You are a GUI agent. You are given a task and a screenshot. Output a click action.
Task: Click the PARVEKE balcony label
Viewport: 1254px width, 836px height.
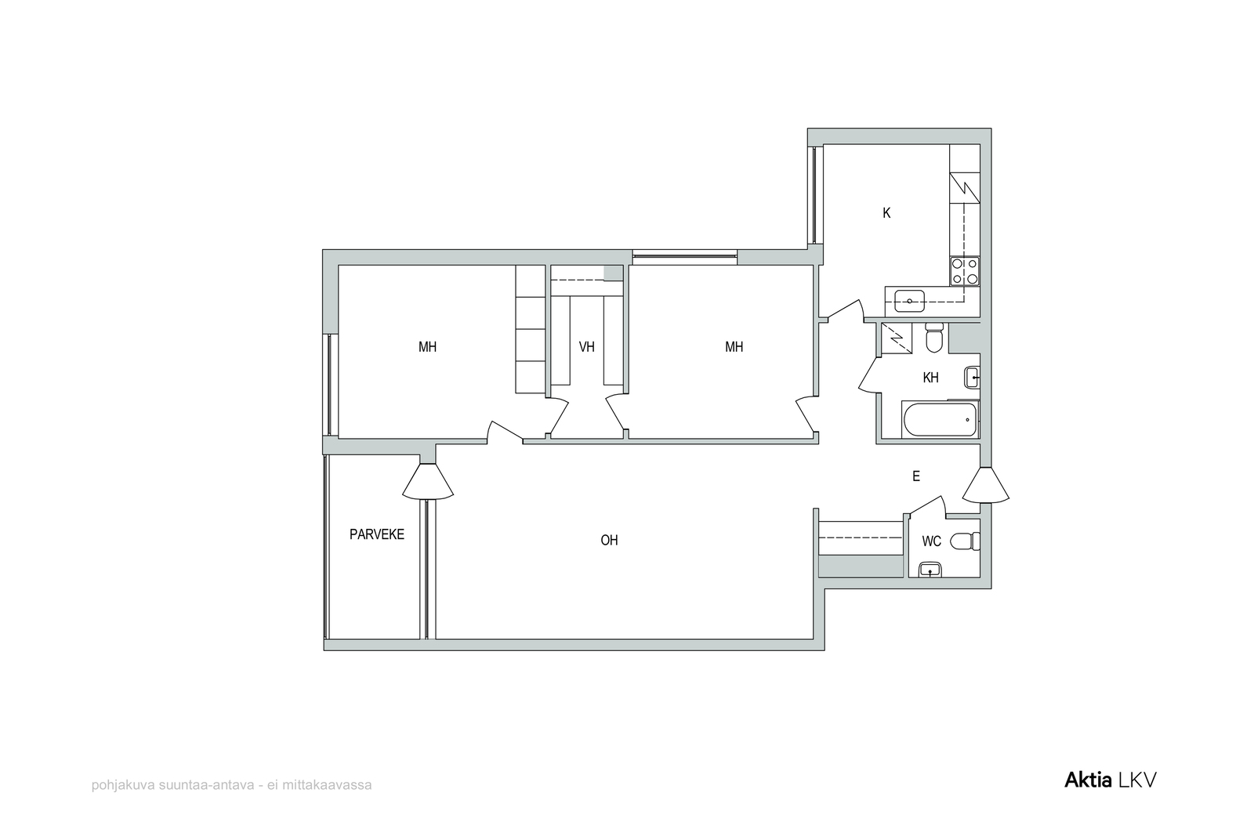[377, 534]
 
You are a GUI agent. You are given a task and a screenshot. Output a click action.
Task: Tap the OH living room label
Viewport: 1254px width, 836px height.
[609, 540]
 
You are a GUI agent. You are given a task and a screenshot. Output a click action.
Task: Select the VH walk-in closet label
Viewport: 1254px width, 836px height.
[587, 347]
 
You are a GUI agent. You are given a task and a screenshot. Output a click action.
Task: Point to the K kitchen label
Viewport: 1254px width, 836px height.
[886, 212]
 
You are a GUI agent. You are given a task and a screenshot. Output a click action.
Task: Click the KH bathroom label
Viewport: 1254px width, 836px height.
[930, 378]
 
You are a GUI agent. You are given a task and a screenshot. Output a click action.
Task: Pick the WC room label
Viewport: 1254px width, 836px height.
[932, 541]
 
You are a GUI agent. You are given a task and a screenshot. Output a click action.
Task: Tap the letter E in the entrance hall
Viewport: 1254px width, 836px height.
[916, 476]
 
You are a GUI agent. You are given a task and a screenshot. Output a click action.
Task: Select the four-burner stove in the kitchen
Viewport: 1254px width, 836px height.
[965, 271]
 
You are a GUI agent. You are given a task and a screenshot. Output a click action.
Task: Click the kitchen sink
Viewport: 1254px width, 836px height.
[910, 301]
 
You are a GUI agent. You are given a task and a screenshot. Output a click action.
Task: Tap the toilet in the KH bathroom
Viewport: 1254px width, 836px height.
[933, 338]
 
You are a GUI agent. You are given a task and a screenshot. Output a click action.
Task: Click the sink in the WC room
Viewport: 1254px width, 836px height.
[930, 570]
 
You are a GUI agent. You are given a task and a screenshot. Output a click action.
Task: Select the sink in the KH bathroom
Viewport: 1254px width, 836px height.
[972, 378]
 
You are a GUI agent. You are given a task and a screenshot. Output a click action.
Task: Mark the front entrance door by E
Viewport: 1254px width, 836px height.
[986, 484]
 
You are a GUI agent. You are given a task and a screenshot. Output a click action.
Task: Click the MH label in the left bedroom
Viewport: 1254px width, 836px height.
[427, 347]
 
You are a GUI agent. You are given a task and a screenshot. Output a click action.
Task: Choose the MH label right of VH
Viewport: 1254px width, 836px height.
[734, 347]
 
